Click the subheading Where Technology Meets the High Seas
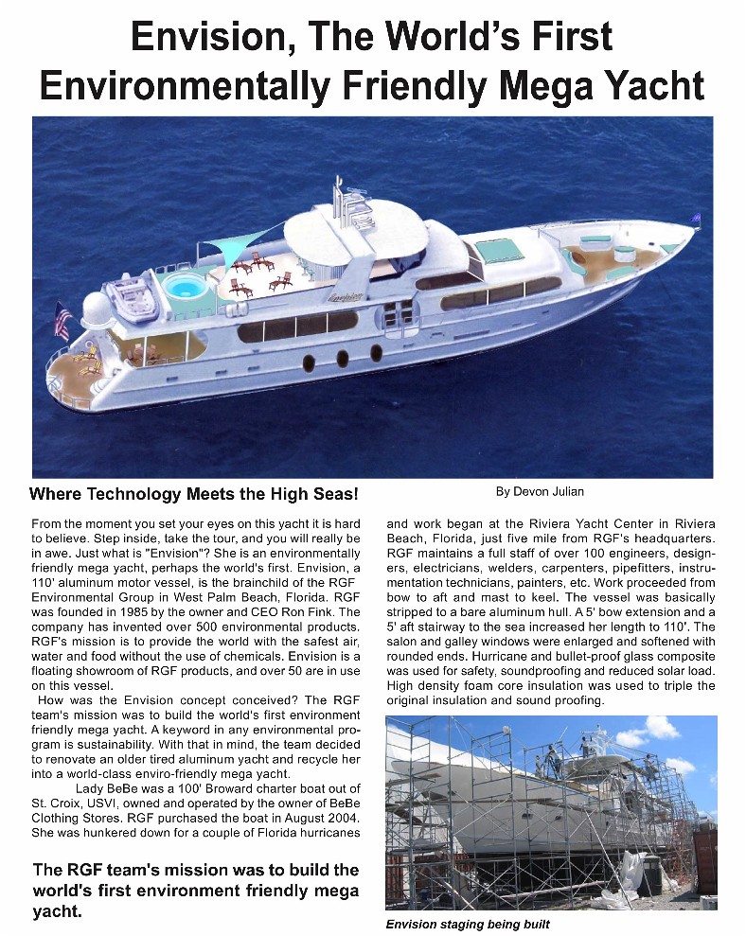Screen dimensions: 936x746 194,494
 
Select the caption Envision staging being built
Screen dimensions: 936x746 468,924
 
